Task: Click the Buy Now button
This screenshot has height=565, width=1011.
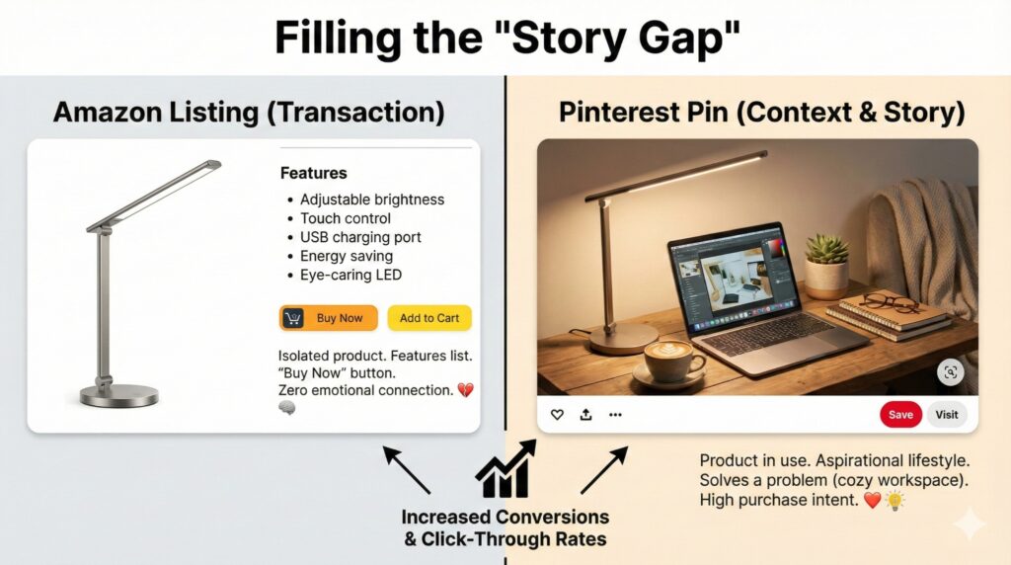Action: point(328,318)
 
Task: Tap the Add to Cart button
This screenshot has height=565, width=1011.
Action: point(429,318)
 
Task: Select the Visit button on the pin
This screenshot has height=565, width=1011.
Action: point(947,415)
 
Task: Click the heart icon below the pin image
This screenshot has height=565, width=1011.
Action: point(557,415)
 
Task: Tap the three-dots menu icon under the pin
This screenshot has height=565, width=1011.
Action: point(615,415)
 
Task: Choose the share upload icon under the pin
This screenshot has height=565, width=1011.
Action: point(585,414)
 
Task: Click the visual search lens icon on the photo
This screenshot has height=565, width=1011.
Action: point(951,372)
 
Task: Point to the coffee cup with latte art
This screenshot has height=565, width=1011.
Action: point(670,362)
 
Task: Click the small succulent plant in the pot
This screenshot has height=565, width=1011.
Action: point(826,267)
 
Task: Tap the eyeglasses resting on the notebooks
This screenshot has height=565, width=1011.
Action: point(889,303)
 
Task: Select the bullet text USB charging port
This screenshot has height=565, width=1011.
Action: point(360,237)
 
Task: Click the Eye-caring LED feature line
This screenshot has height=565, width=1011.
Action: point(350,275)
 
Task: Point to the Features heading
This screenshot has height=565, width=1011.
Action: point(313,173)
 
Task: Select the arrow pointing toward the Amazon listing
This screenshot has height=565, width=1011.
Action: point(406,469)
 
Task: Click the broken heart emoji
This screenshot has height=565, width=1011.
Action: point(465,390)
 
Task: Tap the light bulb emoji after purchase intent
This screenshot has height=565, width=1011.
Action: point(894,500)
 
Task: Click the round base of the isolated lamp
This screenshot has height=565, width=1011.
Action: point(119,395)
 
